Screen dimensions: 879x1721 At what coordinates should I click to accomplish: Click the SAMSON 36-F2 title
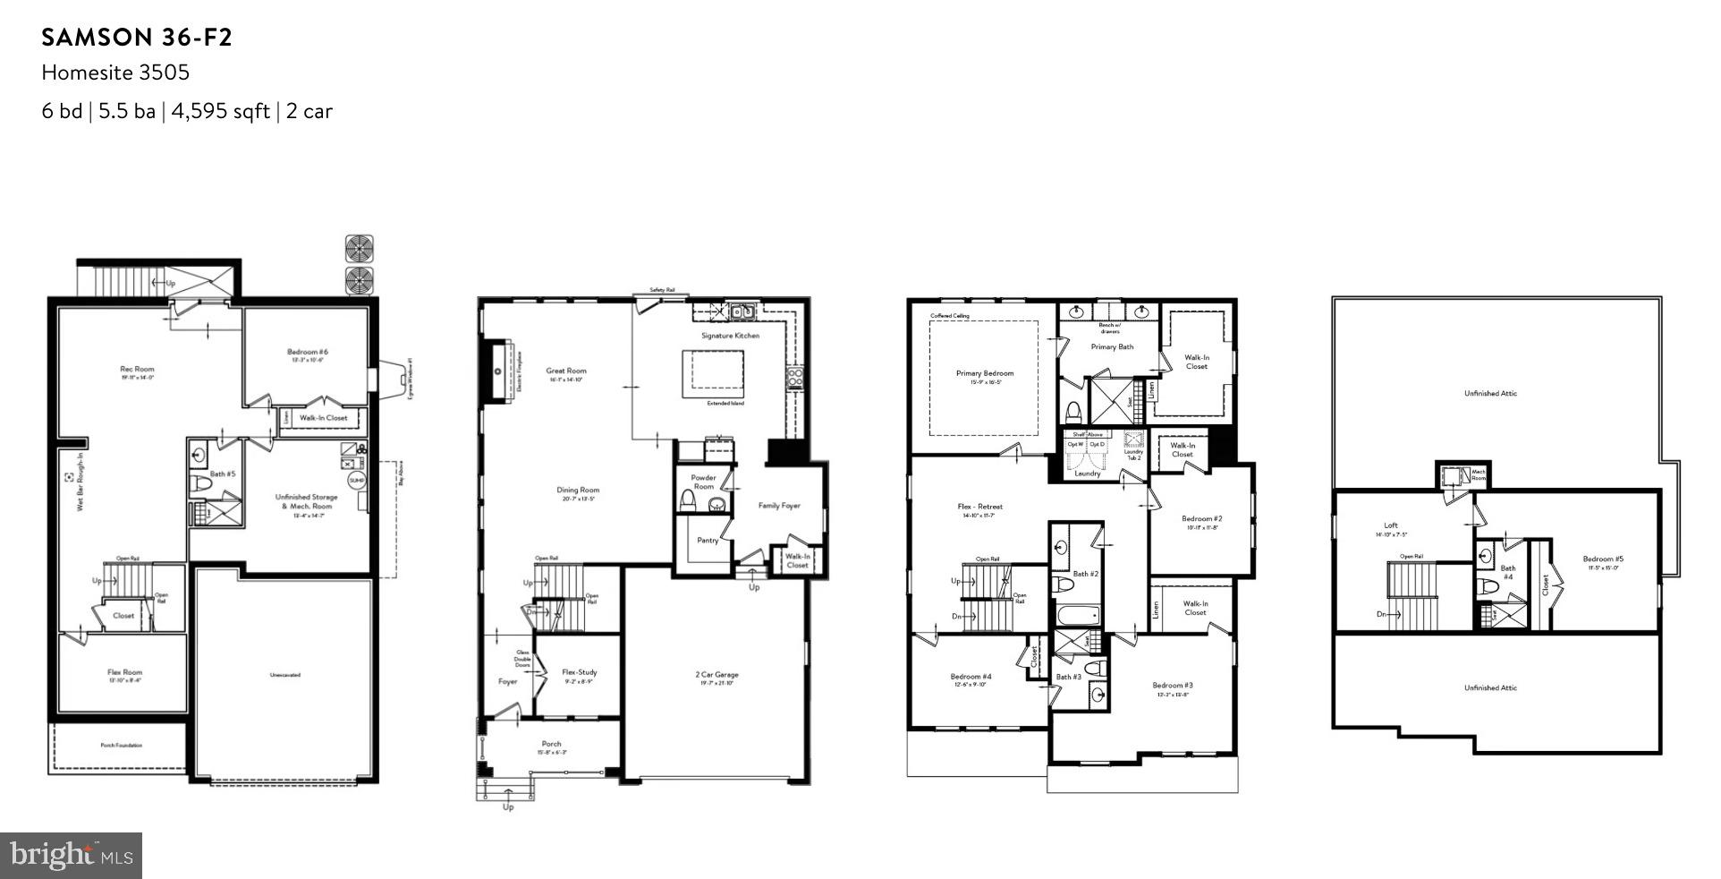tap(137, 38)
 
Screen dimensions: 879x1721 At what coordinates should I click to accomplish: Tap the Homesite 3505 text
tap(115, 73)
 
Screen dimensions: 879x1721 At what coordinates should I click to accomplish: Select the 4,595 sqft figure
tap(219, 112)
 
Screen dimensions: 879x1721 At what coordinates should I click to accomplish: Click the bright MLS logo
tap(72, 855)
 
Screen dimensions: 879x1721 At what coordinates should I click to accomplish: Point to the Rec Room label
tap(137, 369)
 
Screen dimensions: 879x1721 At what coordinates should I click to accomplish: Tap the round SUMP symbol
tap(357, 481)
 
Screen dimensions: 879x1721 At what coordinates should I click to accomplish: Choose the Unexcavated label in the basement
tap(284, 675)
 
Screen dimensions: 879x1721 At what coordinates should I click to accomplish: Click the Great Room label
tap(566, 371)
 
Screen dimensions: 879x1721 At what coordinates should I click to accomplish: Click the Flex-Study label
tap(579, 672)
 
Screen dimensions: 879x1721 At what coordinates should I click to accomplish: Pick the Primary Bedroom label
tap(984, 373)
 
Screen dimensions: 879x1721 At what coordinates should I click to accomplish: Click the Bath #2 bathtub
tap(1077, 616)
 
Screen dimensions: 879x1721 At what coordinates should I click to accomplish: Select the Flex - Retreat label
tap(979, 507)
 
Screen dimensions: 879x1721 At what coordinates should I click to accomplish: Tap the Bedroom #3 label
tap(1172, 686)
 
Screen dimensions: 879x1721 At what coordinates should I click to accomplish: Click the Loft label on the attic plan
tap(1390, 525)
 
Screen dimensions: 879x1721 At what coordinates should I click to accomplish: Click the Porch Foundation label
tap(120, 745)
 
